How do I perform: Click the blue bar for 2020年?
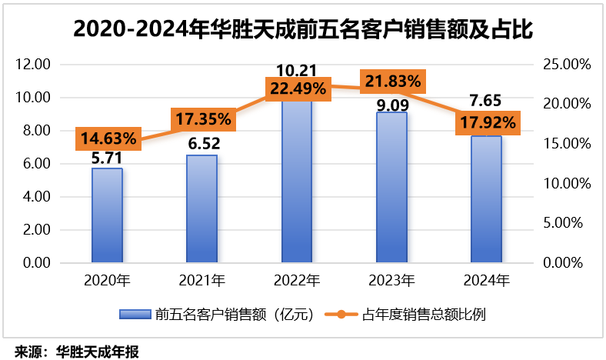[x=107, y=215]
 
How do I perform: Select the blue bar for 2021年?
[x=201, y=208]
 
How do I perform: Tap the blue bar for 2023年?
[x=391, y=188]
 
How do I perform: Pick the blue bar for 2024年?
[x=486, y=199]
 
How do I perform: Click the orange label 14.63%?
[x=107, y=139]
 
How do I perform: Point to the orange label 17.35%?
[x=201, y=119]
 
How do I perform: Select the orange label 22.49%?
[x=298, y=88]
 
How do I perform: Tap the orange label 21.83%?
[x=392, y=80]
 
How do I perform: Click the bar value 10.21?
[x=297, y=70]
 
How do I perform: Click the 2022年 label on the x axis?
[x=297, y=280]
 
